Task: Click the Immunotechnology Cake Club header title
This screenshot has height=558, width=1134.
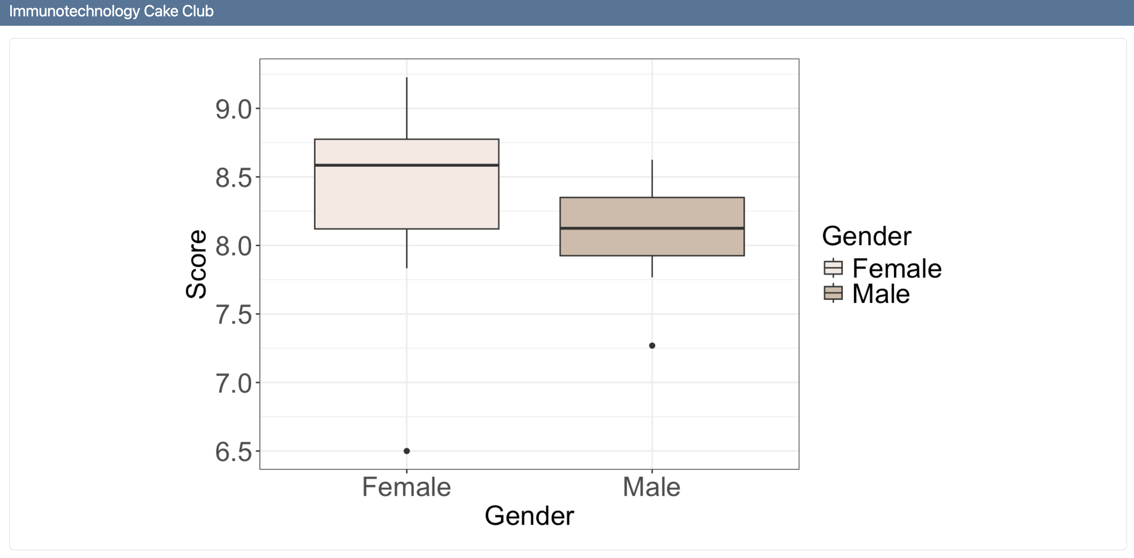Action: tap(111, 11)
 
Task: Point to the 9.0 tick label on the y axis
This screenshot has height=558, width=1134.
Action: tap(233, 110)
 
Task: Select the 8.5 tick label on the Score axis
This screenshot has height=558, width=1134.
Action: tap(233, 178)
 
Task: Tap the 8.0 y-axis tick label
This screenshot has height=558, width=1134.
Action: tap(233, 246)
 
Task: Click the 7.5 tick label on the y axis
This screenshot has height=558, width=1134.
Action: tap(233, 315)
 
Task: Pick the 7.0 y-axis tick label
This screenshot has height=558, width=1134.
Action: tap(233, 384)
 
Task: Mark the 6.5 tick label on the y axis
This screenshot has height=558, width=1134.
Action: tap(233, 452)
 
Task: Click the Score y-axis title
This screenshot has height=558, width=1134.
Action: tap(196, 264)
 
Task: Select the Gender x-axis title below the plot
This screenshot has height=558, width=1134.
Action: tap(529, 516)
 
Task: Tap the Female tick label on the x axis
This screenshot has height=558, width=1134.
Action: tap(406, 487)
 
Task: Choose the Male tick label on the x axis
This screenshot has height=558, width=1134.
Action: tap(652, 487)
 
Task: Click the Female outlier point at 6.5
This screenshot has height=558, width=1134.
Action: tap(407, 451)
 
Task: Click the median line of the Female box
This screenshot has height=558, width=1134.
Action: tap(407, 165)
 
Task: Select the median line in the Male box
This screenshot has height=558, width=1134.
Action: tap(652, 228)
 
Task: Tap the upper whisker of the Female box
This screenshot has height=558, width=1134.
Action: tap(407, 108)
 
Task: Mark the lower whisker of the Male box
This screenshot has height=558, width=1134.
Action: tap(652, 267)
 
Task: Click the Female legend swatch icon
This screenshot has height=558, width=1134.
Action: tap(833, 268)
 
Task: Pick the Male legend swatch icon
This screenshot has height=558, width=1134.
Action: tap(833, 293)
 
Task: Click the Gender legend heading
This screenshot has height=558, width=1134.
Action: tap(866, 236)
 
